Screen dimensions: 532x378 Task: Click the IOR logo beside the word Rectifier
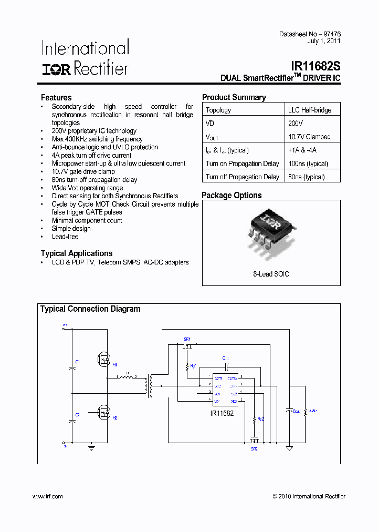click(x=57, y=69)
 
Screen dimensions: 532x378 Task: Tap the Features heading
click(x=56, y=98)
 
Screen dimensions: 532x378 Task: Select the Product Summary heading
click(x=234, y=97)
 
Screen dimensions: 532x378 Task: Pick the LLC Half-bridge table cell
click(x=309, y=110)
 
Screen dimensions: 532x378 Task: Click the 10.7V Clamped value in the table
click(x=309, y=137)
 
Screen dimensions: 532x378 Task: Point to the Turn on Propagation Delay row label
click(x=242, y=163)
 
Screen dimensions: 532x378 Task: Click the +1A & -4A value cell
click(x=302, y=150)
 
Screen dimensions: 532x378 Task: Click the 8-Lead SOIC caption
click(x=271, y=274)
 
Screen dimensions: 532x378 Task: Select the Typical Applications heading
click(x=77, y=253)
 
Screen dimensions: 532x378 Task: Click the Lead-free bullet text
click(x=65, y=237)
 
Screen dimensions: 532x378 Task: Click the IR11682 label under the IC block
click(x=222, y=413)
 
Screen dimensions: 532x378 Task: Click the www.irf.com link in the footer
click(x=47, y=496)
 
